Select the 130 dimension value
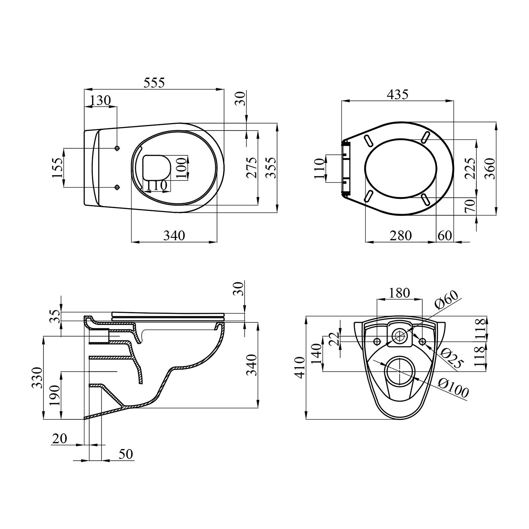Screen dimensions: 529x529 pyautogui.click(x=100, y=101)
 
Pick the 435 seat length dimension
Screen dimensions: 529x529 pyautogui.click(x=397, y=95)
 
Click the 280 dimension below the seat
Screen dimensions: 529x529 pyautogui.click(x=401, y=235)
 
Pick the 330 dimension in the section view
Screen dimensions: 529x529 pyautogui.click(x=37, y=377)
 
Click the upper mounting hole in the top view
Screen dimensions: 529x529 pyautogui.click(x=117, y=148)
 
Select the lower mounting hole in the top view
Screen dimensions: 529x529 pyautogui.click(x=117, y=187)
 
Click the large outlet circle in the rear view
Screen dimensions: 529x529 pyautogui.click(x=399, y=371)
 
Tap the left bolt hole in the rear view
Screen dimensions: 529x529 pyautogui.click(x=377, y=341)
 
